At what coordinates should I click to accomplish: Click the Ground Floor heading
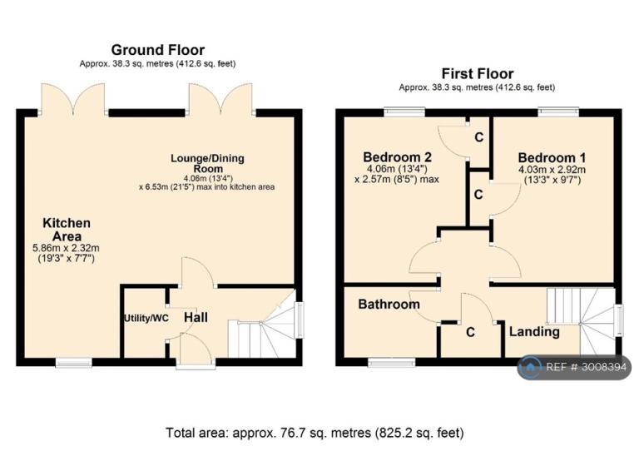[158, 50]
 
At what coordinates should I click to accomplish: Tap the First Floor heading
[478, 74]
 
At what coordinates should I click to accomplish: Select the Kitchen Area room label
[67, 230]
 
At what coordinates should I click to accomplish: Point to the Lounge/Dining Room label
[207, 163]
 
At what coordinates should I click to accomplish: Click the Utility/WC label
[146, 318]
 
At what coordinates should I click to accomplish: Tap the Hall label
[196, 317]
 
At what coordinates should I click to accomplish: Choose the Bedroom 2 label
[397, 157]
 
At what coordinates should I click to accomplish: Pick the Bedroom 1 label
[552, 157]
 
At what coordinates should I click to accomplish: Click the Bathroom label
[389, 304]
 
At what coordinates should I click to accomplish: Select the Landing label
[534, 332]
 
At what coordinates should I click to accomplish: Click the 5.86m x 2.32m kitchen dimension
[66, 248]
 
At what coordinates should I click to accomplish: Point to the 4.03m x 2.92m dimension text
[552, 170]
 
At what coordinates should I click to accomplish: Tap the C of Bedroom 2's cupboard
[479, 137]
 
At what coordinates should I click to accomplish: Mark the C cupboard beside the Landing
[470, 333]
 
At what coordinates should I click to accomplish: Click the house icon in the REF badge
[530, 368]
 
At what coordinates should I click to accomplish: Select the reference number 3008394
[604, 368]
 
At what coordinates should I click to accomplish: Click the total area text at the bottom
[315, 432]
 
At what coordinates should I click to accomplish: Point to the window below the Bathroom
[392, 362]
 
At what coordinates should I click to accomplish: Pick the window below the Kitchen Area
[74, 362]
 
